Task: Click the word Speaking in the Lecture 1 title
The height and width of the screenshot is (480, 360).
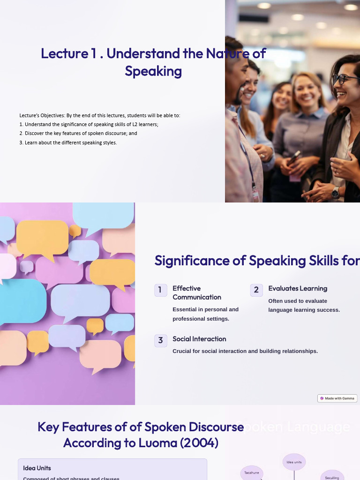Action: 153,71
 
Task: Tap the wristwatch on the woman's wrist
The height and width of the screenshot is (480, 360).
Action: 335,193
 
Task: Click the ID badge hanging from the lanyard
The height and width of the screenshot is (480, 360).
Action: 255,195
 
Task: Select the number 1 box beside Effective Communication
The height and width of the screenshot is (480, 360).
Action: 160,290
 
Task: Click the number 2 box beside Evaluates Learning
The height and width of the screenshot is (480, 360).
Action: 256,290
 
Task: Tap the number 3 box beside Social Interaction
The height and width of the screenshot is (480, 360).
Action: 160,340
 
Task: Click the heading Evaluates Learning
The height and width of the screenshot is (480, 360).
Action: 298,288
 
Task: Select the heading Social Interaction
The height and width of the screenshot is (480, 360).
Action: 199,339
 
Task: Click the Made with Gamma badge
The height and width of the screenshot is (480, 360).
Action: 337,398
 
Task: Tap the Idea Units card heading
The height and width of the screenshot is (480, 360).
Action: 37,468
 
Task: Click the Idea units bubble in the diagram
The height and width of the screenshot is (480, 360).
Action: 294,462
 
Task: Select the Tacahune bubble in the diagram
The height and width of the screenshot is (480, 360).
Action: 252,473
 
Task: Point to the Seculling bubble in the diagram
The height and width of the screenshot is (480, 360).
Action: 332,476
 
